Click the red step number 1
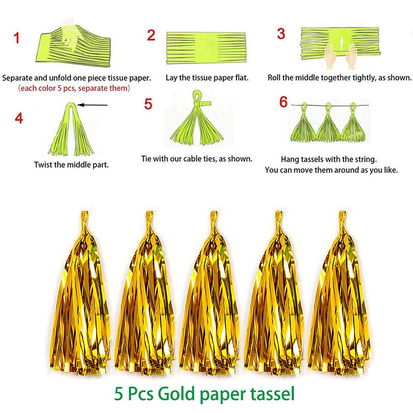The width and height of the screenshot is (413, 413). tap(17, 38)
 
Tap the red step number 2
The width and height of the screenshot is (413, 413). tap(151, 35)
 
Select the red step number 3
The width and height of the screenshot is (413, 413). tap(281, 34)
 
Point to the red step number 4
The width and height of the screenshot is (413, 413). tap(19, 118)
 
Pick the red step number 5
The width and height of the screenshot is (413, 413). tap(148, 104)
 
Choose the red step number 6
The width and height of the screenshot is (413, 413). tap(283, 102)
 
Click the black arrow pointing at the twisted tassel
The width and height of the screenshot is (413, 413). tap(92, 105)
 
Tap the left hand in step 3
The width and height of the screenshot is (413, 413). tap(329, 56)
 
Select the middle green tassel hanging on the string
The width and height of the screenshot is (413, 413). tap(328, 123)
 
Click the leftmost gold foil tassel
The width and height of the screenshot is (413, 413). tap(81, 292)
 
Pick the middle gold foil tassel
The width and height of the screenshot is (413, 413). tap(210, 292)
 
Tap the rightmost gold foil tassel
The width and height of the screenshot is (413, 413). tap(340, 292)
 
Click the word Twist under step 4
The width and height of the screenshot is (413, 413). tap(43, 165)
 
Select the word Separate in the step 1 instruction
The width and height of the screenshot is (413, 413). tap(18, 78)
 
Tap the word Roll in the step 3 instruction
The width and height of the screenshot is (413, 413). tap(274, 78)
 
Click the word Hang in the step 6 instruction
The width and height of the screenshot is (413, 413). tap(289, 160)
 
